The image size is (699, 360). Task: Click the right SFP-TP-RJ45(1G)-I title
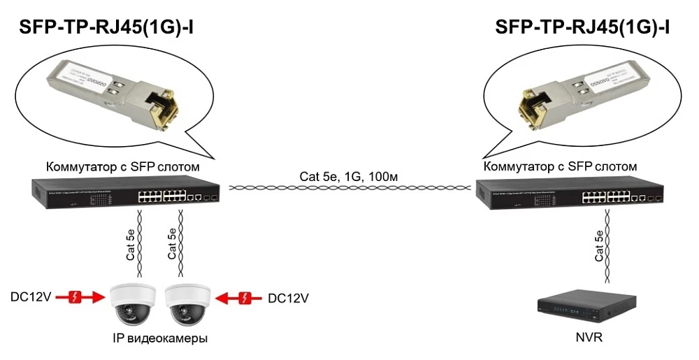click(x=582, y=27)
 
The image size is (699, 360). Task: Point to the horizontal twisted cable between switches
click(x=349, y=188)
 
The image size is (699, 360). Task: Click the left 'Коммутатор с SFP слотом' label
click(x=123, y=167)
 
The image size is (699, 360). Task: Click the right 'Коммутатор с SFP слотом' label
click(x=560, y=167)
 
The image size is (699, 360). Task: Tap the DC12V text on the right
click(x=288, y=298)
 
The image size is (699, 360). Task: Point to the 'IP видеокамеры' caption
click(x=160, y=338)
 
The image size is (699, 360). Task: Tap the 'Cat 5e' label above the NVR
click(x=599, y=246)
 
